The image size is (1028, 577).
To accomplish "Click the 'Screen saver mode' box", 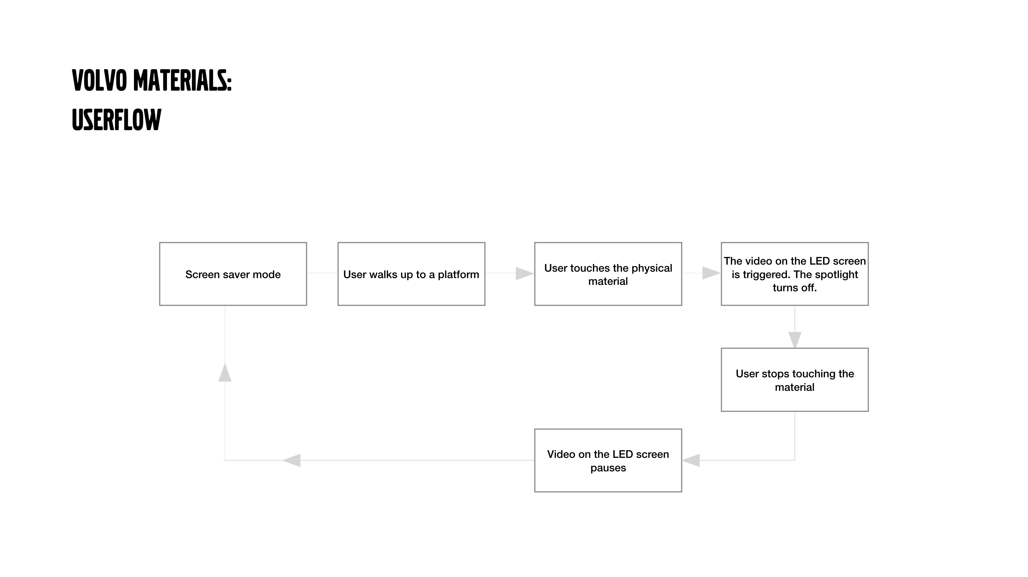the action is pos(233,274).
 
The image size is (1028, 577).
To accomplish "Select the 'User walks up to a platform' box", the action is pos(412,274).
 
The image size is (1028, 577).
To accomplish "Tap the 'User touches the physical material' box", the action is pos(608,274).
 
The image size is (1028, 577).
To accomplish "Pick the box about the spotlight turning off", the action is pos(795,274).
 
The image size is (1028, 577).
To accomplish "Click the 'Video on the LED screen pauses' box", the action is pos(608,460).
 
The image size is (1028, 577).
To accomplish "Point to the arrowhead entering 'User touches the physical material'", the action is pos(525,273).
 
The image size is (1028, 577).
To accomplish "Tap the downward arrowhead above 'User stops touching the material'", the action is pos(795,340).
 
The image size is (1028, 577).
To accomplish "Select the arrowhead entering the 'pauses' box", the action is pos(691,460).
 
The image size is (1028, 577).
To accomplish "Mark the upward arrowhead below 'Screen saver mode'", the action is pos(225,372).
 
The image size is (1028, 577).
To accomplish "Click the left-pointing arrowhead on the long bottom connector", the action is pos(291,460).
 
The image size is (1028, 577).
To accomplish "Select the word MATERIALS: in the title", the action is pos(182,81).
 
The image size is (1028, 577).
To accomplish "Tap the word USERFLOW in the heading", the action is pos(117,120).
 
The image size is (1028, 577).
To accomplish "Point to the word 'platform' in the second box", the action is pos(459,275).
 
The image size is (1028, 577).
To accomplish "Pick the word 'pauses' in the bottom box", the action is pos(608,468).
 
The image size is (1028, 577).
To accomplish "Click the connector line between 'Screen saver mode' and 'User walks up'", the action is pos(322,273).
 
